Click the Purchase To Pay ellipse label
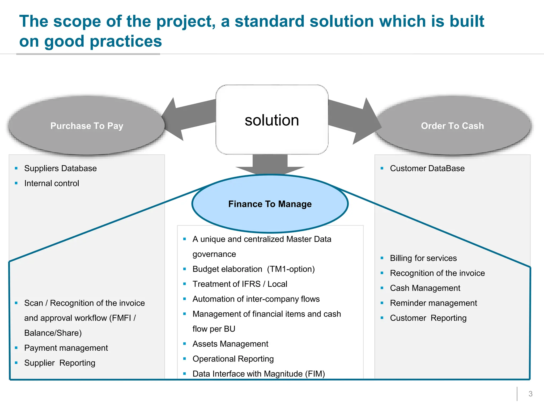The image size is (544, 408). point(87,126)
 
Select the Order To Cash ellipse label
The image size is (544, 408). point(452,126)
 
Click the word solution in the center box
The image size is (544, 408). point(272,120)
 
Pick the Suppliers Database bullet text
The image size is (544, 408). point(61,168)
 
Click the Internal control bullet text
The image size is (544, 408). point(52,183)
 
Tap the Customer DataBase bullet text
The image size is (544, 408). point(427,168)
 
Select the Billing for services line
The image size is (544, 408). point(423,258)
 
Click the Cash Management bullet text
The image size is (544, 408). point(425,288)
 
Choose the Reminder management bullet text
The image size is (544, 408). point(433,303)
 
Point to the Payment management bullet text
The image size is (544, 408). point(66,348)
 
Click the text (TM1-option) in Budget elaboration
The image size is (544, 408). point(291,269)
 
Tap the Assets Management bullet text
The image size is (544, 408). point(230,344)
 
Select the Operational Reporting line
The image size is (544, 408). point(233,359)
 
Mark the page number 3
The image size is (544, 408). point(530,394)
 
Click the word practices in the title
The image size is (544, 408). point(126,41)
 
